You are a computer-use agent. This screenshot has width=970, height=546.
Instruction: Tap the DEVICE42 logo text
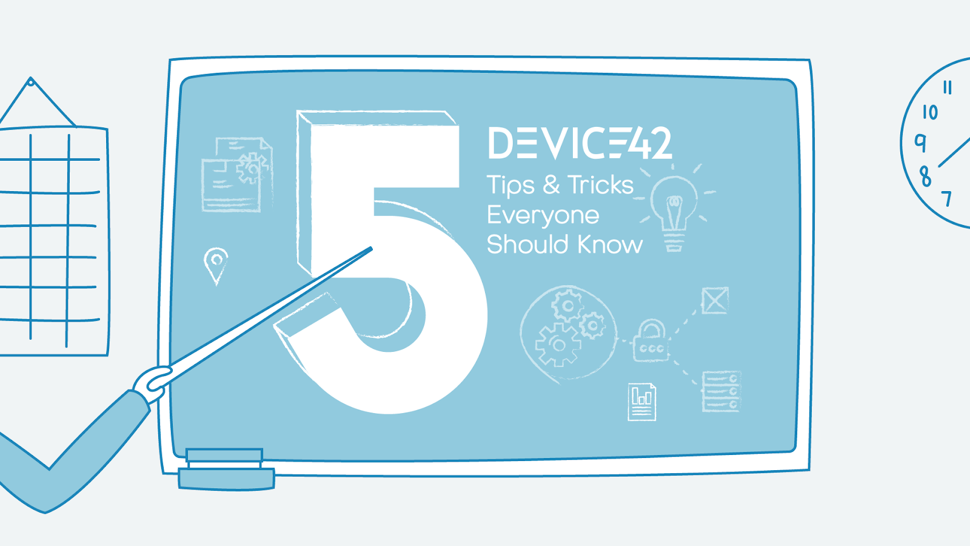coord(579,144)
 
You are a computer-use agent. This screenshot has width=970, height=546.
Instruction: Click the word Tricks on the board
coord(600,185)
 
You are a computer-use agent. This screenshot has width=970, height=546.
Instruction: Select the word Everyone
coord(543,215)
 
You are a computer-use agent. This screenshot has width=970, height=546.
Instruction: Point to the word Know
coord(609,244)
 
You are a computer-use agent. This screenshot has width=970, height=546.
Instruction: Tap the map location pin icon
coord(216,263)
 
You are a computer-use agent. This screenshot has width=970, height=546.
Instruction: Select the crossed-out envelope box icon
coord(715,300)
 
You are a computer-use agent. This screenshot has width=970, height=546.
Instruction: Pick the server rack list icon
coord(721,391)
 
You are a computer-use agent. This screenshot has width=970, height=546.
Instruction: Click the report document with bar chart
coord(642,401)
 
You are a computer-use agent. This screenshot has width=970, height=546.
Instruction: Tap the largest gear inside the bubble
coord(557,345)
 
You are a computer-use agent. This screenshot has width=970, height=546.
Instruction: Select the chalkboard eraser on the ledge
coord(226,470)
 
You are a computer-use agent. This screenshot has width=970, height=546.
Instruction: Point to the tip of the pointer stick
coord(370,248)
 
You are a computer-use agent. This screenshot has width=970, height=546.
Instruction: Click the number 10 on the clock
coord(930,112)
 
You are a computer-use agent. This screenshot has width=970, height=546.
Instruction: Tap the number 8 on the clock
coord(925,177)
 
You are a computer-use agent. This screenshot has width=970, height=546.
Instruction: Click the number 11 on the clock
coord(948,88)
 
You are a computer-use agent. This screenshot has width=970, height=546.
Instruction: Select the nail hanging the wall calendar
coord(31,81)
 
